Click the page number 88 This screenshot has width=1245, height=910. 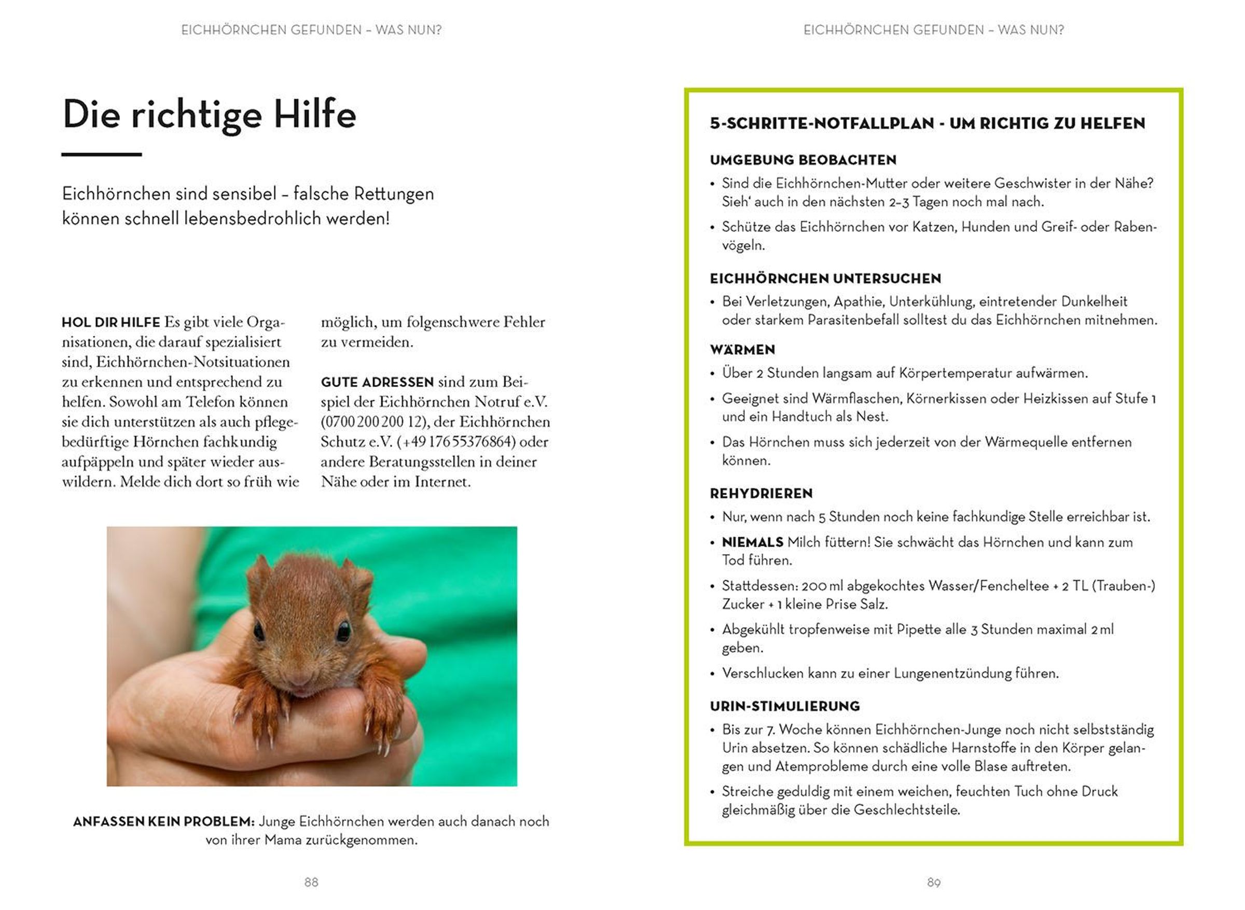(311, 882)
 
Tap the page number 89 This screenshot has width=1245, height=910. (934, 883)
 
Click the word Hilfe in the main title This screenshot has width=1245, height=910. (315, 115)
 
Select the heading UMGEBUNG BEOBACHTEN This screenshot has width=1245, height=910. (803, 160)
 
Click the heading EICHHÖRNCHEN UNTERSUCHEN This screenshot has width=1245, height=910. (825, 279)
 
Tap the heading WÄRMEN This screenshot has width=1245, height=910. (742, 350)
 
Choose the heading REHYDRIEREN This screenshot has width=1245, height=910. (761, 494)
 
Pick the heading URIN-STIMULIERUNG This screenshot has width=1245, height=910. (785, 706)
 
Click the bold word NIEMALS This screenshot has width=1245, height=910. (752, 542)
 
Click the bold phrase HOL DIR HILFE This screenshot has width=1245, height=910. (111, 322)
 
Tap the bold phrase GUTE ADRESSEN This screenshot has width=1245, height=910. (378, 382)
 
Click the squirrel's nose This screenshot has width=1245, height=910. (299, 678)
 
